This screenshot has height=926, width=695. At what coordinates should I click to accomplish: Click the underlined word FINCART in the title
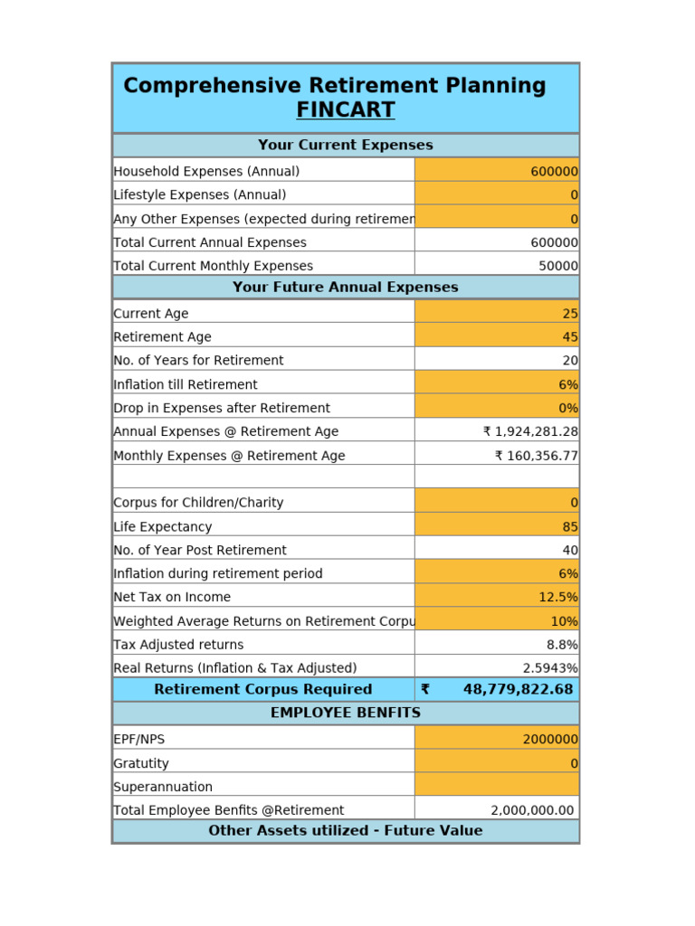345,110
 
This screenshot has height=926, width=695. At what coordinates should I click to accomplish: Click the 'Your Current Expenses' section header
345,145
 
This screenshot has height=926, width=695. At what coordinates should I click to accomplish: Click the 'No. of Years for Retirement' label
198,360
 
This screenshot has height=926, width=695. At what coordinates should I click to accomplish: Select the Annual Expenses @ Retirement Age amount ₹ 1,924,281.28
530,431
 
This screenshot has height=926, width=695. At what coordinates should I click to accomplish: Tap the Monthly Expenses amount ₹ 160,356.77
536,456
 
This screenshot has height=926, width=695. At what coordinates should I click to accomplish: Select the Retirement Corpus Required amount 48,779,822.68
518,689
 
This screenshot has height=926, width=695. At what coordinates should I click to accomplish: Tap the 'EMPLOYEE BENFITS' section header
345,713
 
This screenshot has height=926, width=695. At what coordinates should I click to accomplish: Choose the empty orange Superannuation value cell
497,787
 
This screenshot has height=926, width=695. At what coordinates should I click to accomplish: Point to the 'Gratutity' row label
141,763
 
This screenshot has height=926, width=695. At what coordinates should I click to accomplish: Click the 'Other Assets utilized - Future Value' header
345,830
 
